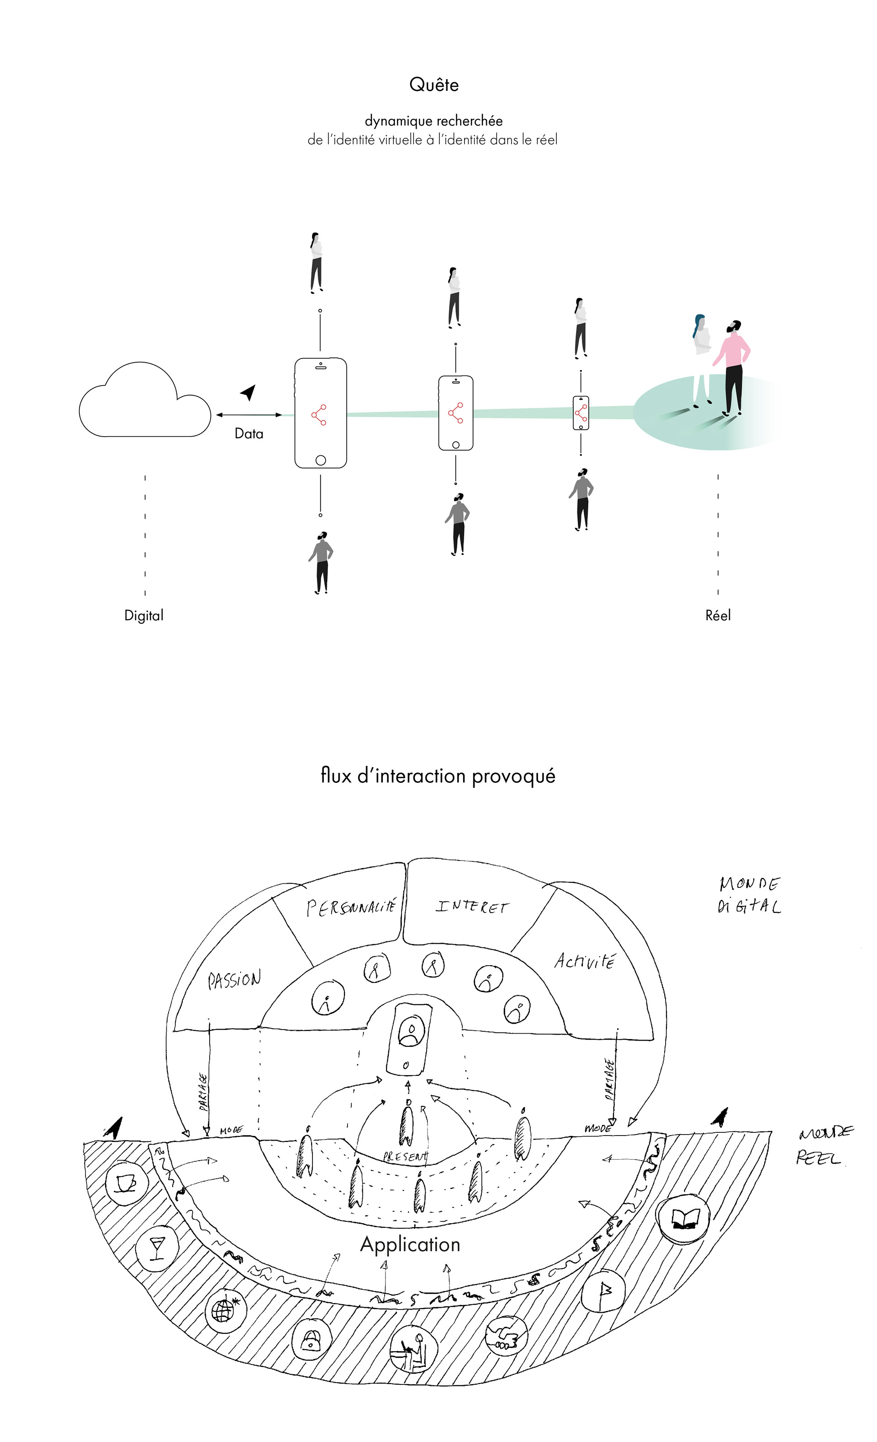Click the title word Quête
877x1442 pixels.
[433, 85]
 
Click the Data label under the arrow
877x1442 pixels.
[248, 433]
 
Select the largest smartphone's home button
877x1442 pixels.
[321, 460]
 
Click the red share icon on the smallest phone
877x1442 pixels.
[581, 413]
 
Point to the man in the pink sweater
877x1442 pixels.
[734, 366]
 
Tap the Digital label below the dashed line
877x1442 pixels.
[144, 616]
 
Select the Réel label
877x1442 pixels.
[718, 616]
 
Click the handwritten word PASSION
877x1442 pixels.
[234, 980]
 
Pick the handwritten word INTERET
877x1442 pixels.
[472, 907]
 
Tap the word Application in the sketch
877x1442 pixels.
[410, 1244]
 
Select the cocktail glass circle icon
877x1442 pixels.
[157, 1248]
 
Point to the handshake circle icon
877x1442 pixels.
[506, 1336]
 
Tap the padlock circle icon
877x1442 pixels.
[311, 1341]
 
